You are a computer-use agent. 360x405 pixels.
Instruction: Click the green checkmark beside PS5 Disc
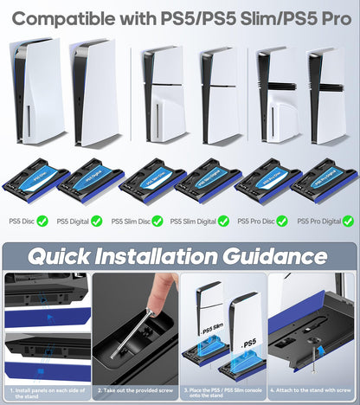[42, 221]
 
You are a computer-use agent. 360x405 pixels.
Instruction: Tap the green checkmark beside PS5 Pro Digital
[346, 221]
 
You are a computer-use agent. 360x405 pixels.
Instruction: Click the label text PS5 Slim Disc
[132, 222]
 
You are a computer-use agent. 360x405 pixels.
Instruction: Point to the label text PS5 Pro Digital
[318, 222]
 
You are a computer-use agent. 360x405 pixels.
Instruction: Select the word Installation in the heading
[165, 256]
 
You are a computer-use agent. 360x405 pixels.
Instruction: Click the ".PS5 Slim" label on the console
[210, 331]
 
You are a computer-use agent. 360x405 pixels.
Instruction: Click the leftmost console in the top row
[29, 91]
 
